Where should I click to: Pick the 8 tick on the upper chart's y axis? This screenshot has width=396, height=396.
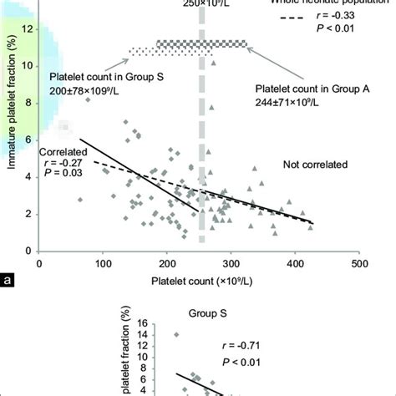tap(30, 103)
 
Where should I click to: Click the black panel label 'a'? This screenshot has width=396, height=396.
tap(8, 281)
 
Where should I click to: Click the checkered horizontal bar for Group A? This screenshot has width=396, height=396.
tap(202, 43)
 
